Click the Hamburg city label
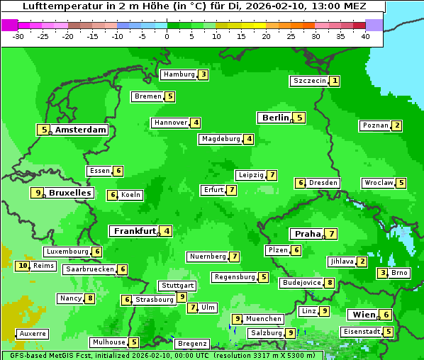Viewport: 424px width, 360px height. (178, 74)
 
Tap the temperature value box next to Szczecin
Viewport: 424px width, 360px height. (334, 81)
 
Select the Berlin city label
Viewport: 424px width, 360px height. (275, 118)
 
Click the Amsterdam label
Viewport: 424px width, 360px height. (81, 130)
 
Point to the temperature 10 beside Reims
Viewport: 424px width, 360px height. (23, 266)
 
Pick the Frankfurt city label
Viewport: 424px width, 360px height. (134, 231)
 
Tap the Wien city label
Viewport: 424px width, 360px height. (362, 315)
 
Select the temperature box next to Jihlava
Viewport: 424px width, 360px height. (362, 261)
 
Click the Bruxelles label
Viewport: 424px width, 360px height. (69, 193)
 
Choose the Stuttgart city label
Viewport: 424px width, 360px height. (177, 286)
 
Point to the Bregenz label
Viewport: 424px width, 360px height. (192, 344)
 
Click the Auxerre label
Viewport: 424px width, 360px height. (33, 333)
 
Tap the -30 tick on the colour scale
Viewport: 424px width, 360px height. (19, 36)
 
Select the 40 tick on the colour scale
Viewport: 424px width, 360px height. (365, 36)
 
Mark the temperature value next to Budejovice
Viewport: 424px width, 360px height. (330, 283)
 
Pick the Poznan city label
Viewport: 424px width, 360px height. (375, 125)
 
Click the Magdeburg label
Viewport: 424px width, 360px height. (221, 139)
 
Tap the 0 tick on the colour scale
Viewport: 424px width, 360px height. (167, 36)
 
